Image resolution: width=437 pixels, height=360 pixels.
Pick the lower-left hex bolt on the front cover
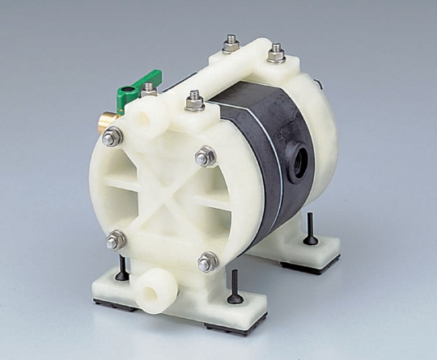117,239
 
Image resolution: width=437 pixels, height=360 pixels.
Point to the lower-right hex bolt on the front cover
208,261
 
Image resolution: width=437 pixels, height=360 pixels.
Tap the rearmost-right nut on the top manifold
277,53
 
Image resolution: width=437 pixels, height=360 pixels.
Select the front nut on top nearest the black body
194,100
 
